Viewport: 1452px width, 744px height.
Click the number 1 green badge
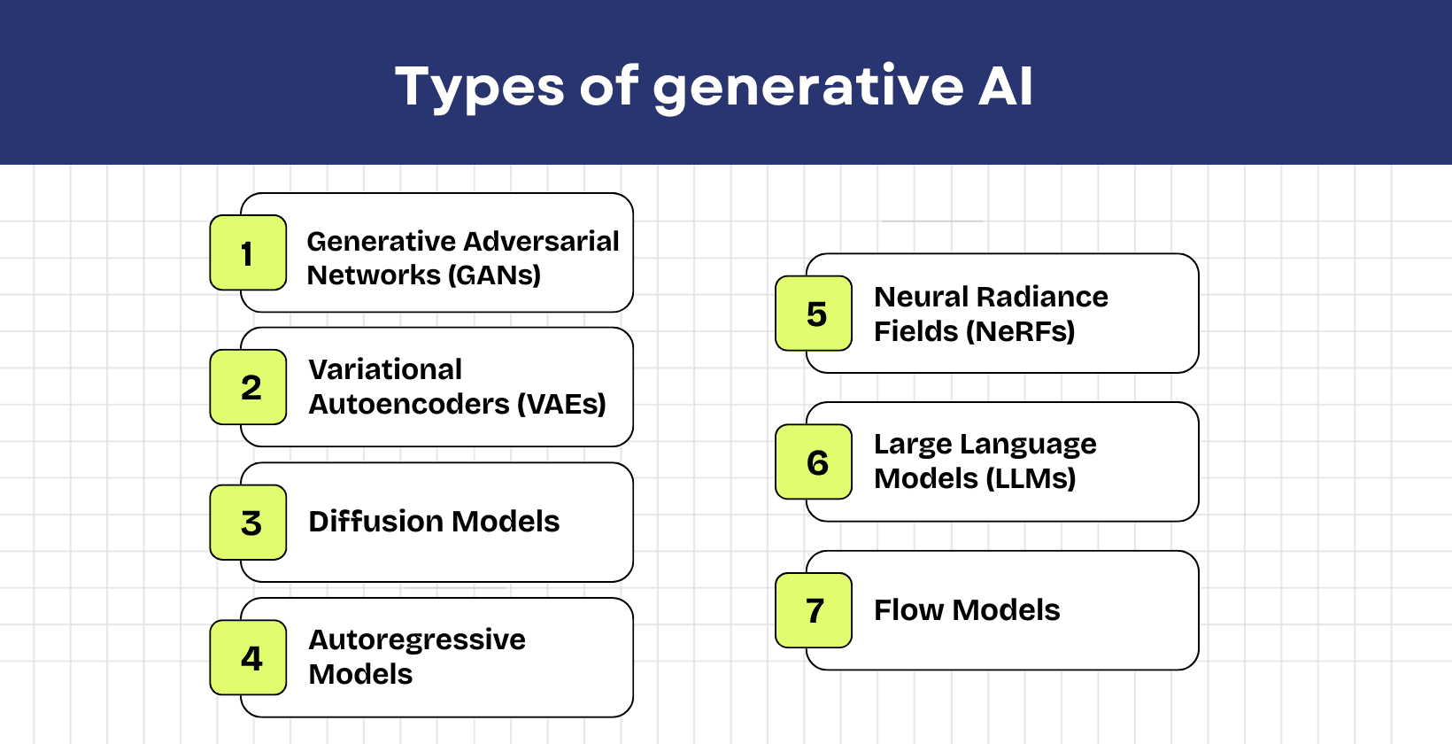point(248,253)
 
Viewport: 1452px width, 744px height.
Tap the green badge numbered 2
point(248,387)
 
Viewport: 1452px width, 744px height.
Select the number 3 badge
point(248,523)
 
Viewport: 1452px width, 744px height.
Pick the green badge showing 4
point(248,657)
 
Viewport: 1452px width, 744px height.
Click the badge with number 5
point(814,314)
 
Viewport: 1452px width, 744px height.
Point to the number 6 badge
point(814,462)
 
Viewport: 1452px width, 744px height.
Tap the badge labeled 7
point(814,610)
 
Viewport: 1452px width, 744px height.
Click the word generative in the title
point(807,87)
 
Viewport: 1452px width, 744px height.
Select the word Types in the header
point(479,87)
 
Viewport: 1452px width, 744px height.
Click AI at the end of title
point(1005,87)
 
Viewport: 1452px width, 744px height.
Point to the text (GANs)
point(495,275)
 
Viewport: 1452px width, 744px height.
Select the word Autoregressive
point(417,639)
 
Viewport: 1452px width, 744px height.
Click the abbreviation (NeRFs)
point(1020,331)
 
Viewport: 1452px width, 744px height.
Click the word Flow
point(908,610)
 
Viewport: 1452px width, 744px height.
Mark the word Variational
point(385,369)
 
